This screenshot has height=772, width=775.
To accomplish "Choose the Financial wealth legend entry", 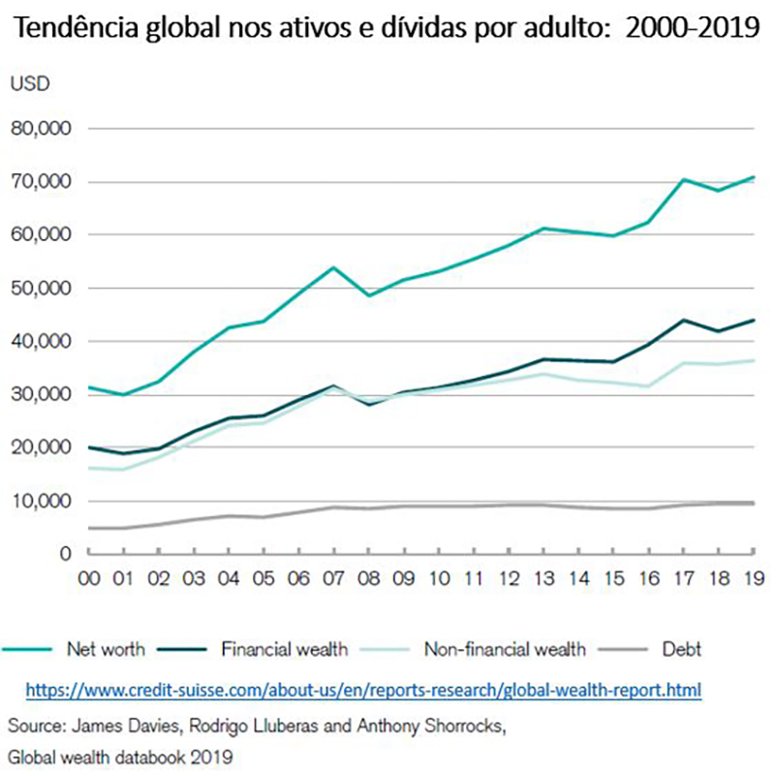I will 284,649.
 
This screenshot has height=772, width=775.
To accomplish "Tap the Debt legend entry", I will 682,649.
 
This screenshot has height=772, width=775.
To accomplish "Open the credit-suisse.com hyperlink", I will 363,690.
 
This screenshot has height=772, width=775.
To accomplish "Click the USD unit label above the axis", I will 30,82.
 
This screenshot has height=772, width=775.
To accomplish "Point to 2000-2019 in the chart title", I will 693,27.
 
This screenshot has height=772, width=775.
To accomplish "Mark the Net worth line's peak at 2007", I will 333,267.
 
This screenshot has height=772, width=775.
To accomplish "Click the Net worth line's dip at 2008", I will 368,295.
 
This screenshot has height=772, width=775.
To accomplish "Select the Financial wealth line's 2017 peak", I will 684,320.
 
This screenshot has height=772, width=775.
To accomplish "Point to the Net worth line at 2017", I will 684,179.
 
